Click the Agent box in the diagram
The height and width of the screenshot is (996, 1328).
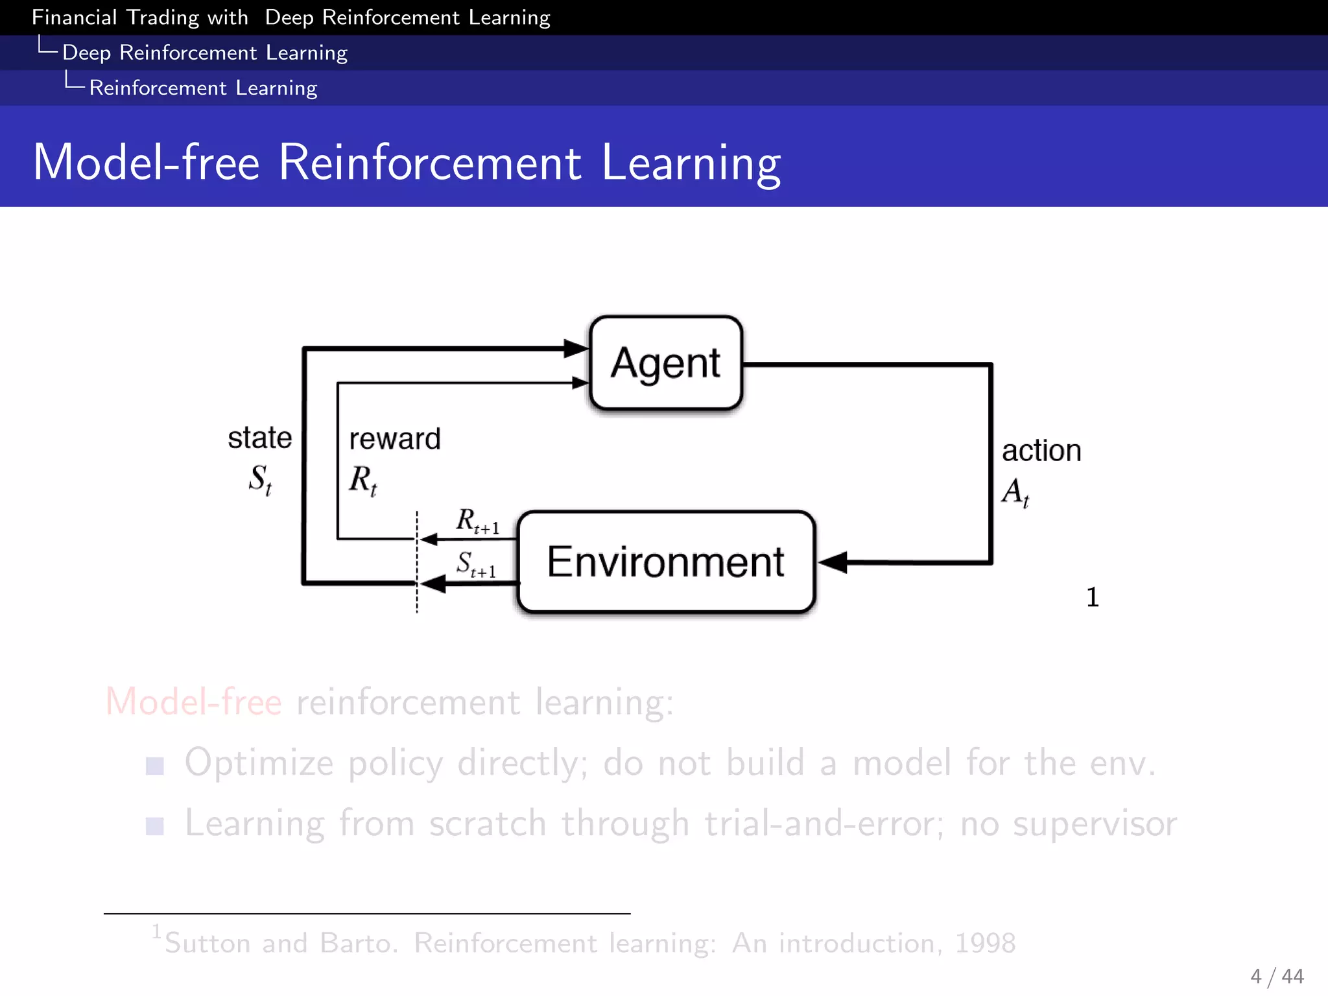(666, 363)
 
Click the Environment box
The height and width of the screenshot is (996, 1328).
(666, 562)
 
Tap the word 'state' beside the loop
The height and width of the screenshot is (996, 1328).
(259, 438)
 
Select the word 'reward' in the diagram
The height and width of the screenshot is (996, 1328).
(395, 439)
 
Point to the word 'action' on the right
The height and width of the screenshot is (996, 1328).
(1041, 451)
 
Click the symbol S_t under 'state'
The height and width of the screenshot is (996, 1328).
(260, 479)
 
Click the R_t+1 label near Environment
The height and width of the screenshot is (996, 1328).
(477, 521)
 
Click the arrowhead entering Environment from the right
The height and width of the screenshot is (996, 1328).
(833, 562)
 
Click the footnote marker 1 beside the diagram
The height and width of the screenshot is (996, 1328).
(1093, 597)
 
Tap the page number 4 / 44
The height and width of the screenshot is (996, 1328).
(1277, 976)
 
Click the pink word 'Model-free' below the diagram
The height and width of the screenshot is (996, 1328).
(193, 702)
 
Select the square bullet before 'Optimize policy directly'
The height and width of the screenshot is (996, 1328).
(154, 766)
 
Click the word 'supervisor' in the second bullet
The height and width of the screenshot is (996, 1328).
(1095, 824)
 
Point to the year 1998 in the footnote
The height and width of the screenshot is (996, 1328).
(985, 943)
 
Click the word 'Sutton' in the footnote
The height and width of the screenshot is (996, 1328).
(207, 943)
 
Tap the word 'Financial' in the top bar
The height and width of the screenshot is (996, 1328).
(74, 18)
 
